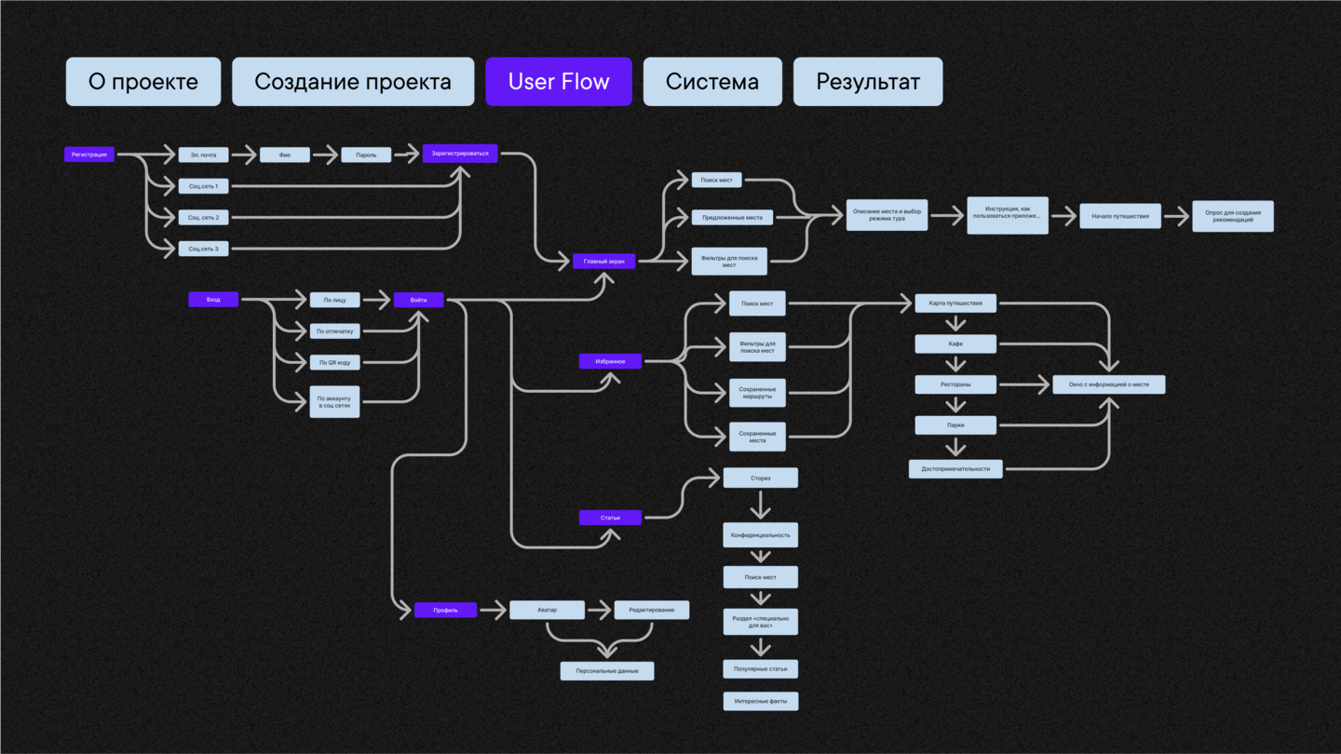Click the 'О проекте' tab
[143, 82]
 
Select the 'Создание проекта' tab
[353, 82]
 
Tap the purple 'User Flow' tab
[559, 82]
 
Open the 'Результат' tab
[868, 82]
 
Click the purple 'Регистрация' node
[89, 155]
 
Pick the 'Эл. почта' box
[203, 155]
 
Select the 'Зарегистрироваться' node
[460, 154]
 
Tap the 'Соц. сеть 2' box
[203, 217]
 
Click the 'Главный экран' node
[603, 262]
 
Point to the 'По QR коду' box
[334, 362]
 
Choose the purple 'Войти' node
[418, 300]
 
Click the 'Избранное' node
[610, 361]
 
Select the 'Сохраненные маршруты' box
[757, 393]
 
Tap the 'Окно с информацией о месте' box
[1108, 384]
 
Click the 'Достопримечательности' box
[955, 469]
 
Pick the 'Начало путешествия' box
[1120, 217]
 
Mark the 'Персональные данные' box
[607, 671]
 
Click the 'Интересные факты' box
[761, 701]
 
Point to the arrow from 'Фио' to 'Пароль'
[325, 155]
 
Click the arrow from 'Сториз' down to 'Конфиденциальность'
[761, 505]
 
